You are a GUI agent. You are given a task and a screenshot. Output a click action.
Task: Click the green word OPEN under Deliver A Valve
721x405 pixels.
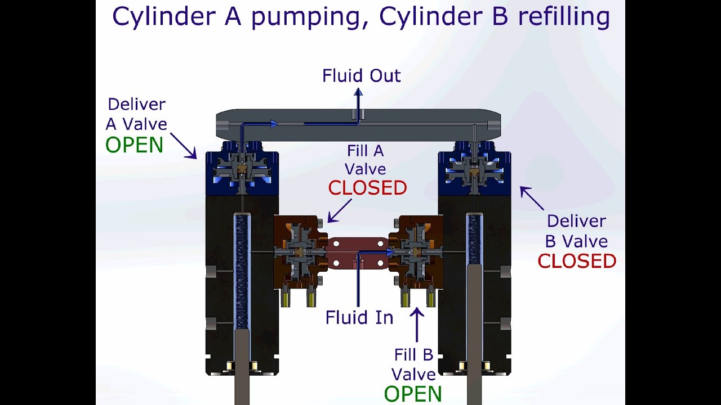tap(134, 145)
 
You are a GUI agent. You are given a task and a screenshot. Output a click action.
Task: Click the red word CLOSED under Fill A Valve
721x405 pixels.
tap(367, 188)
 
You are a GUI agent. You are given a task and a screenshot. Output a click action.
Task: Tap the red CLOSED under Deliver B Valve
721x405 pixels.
tap(577, 261)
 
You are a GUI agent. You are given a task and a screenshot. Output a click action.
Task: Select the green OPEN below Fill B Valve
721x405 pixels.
tap(412, 394)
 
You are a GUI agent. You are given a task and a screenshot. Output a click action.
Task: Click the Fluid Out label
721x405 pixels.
tap(361, 76)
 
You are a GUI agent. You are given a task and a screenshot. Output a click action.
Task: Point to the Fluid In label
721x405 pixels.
tap(359, 318)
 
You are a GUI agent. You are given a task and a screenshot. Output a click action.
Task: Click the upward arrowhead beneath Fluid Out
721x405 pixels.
tap(358, 92)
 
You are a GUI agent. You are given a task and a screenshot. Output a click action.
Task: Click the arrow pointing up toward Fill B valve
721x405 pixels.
tap(417, 323)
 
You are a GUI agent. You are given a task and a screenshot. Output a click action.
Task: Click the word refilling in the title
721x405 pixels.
tap(564, 17)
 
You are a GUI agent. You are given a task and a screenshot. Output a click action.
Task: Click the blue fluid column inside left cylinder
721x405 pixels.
tap(242, 270)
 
